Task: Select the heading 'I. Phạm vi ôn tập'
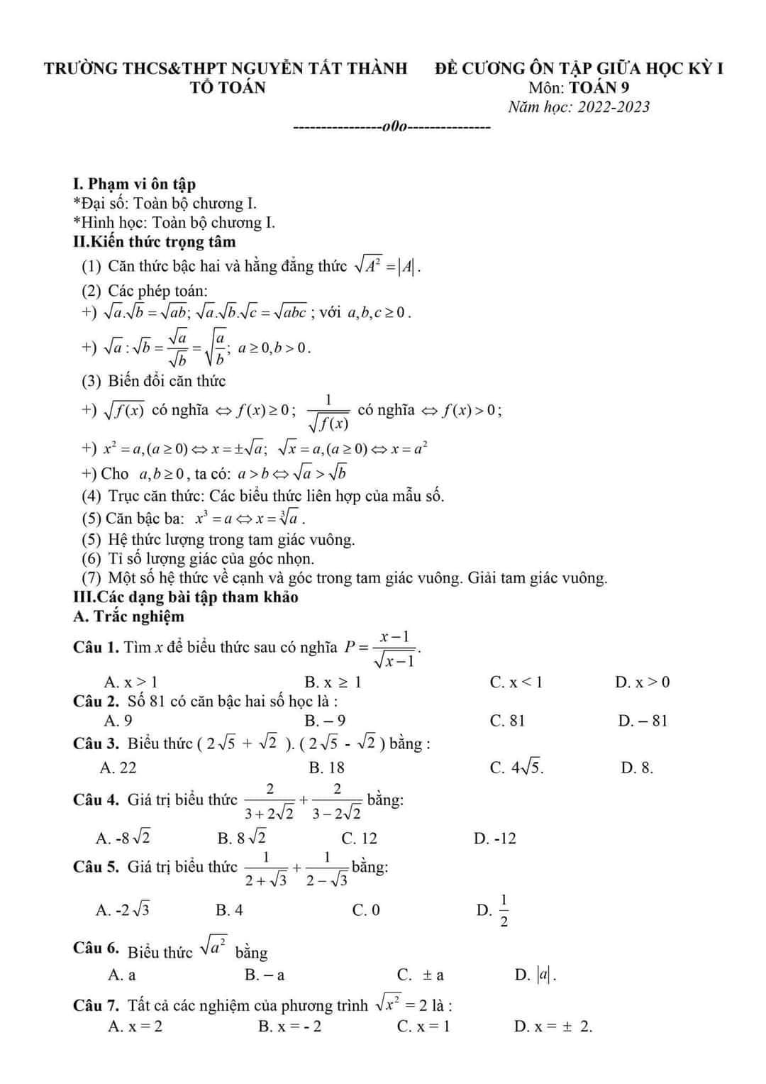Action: pos(134,184)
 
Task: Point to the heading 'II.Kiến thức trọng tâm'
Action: pos(154,242)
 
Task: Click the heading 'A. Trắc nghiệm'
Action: pos(128,616)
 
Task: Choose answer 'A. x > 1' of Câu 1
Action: pos(131,682)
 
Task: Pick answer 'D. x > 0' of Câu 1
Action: pos(642,682)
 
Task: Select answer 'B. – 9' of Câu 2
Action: pos(325,721)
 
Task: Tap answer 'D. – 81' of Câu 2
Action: pos(643,721)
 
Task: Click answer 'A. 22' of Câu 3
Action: pos(118,768)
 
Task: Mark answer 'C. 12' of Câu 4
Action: pos(360,839)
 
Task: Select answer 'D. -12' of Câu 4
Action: pos(495,839)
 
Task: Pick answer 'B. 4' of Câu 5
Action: pos(229,910)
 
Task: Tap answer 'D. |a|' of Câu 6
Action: pos(535,975)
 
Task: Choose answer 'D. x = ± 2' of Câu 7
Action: pos(553,1027)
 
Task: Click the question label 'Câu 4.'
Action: pos(96,800)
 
